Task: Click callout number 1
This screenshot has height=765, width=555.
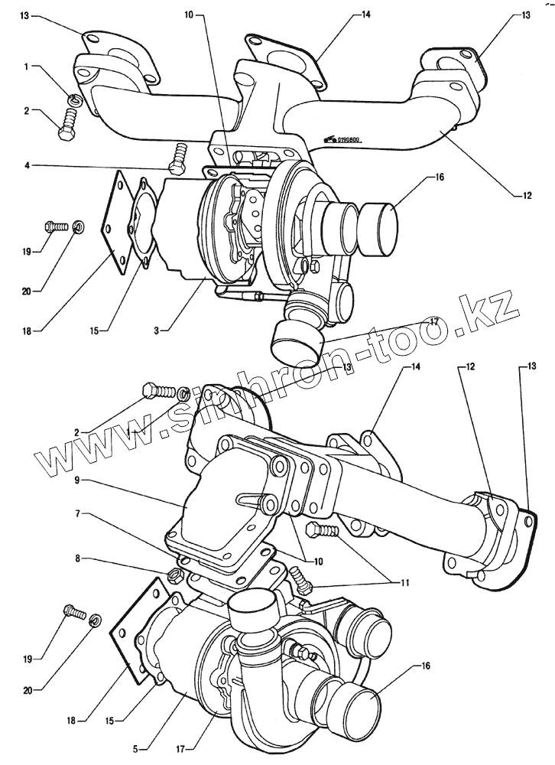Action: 27,67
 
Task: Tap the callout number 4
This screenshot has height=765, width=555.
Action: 27,164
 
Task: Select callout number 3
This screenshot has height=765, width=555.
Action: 156,330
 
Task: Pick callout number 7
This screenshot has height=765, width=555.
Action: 80,513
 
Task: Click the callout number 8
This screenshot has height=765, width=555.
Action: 80,559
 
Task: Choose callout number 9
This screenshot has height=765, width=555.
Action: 80,482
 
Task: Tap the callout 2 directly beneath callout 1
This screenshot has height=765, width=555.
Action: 27,111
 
